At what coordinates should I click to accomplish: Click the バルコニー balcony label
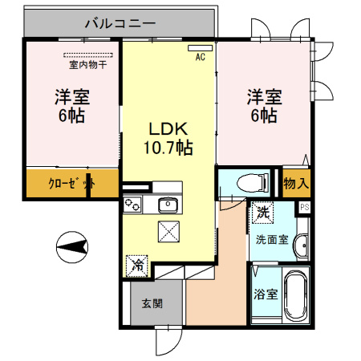coord(120,23)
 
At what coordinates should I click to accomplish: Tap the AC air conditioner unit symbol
coord(201,48)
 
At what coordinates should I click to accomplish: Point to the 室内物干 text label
coord(88,65)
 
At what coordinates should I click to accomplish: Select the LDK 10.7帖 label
coord(168,138)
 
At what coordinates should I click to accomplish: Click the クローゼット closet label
coord(71,184)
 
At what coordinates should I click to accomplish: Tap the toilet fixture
coord(253,183)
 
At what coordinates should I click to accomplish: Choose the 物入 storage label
coord(296,184)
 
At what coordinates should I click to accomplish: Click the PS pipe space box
coord(304,207)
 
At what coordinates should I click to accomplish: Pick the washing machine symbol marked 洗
coord(263,213)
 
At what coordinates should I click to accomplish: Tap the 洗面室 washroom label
coord(272,240)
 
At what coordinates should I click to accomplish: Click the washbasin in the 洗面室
coord(302,245)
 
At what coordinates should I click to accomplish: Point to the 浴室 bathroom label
coord(266,294)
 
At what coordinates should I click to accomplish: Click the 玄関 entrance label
coord(152,303)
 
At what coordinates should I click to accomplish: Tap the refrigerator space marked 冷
coord(137,266)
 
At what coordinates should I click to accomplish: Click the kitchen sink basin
coord(168,205)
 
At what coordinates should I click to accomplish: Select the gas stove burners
coord(132,205)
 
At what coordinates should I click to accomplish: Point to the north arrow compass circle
coord(72,247)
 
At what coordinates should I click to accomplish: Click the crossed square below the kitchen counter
coord(168,232)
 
